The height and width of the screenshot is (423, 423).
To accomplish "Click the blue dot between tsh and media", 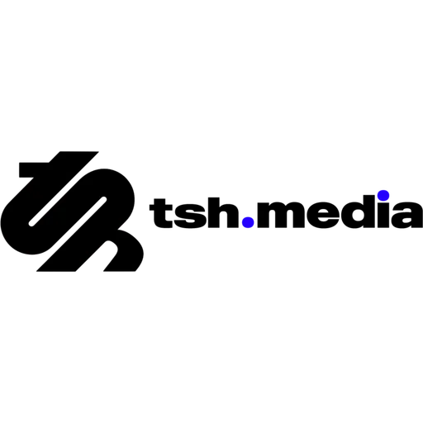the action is [x=248, y=222].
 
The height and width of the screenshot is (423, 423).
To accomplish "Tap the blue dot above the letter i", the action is [x=383, y=195].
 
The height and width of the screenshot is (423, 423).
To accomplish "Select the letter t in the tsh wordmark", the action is [x=161, y=213].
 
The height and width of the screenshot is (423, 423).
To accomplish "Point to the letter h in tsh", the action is [x=223, y=212].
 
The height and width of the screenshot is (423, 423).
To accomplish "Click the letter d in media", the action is [x=358, y=212].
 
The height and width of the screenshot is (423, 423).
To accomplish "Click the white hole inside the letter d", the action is [x=358, y=216].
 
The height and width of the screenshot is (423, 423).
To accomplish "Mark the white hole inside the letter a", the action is [x=406, y=221].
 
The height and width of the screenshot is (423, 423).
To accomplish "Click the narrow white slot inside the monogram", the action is [x=68, y=211].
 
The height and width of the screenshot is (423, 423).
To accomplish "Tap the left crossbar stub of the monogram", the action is [x=34, y=170].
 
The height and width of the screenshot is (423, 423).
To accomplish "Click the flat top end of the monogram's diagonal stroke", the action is [x=79, y=152].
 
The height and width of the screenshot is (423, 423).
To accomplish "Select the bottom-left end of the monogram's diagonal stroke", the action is [x=55, y=271].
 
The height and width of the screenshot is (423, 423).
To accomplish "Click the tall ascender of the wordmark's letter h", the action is [x=213, y=212].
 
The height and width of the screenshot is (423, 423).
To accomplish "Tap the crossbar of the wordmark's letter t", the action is [x=161, y=207].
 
